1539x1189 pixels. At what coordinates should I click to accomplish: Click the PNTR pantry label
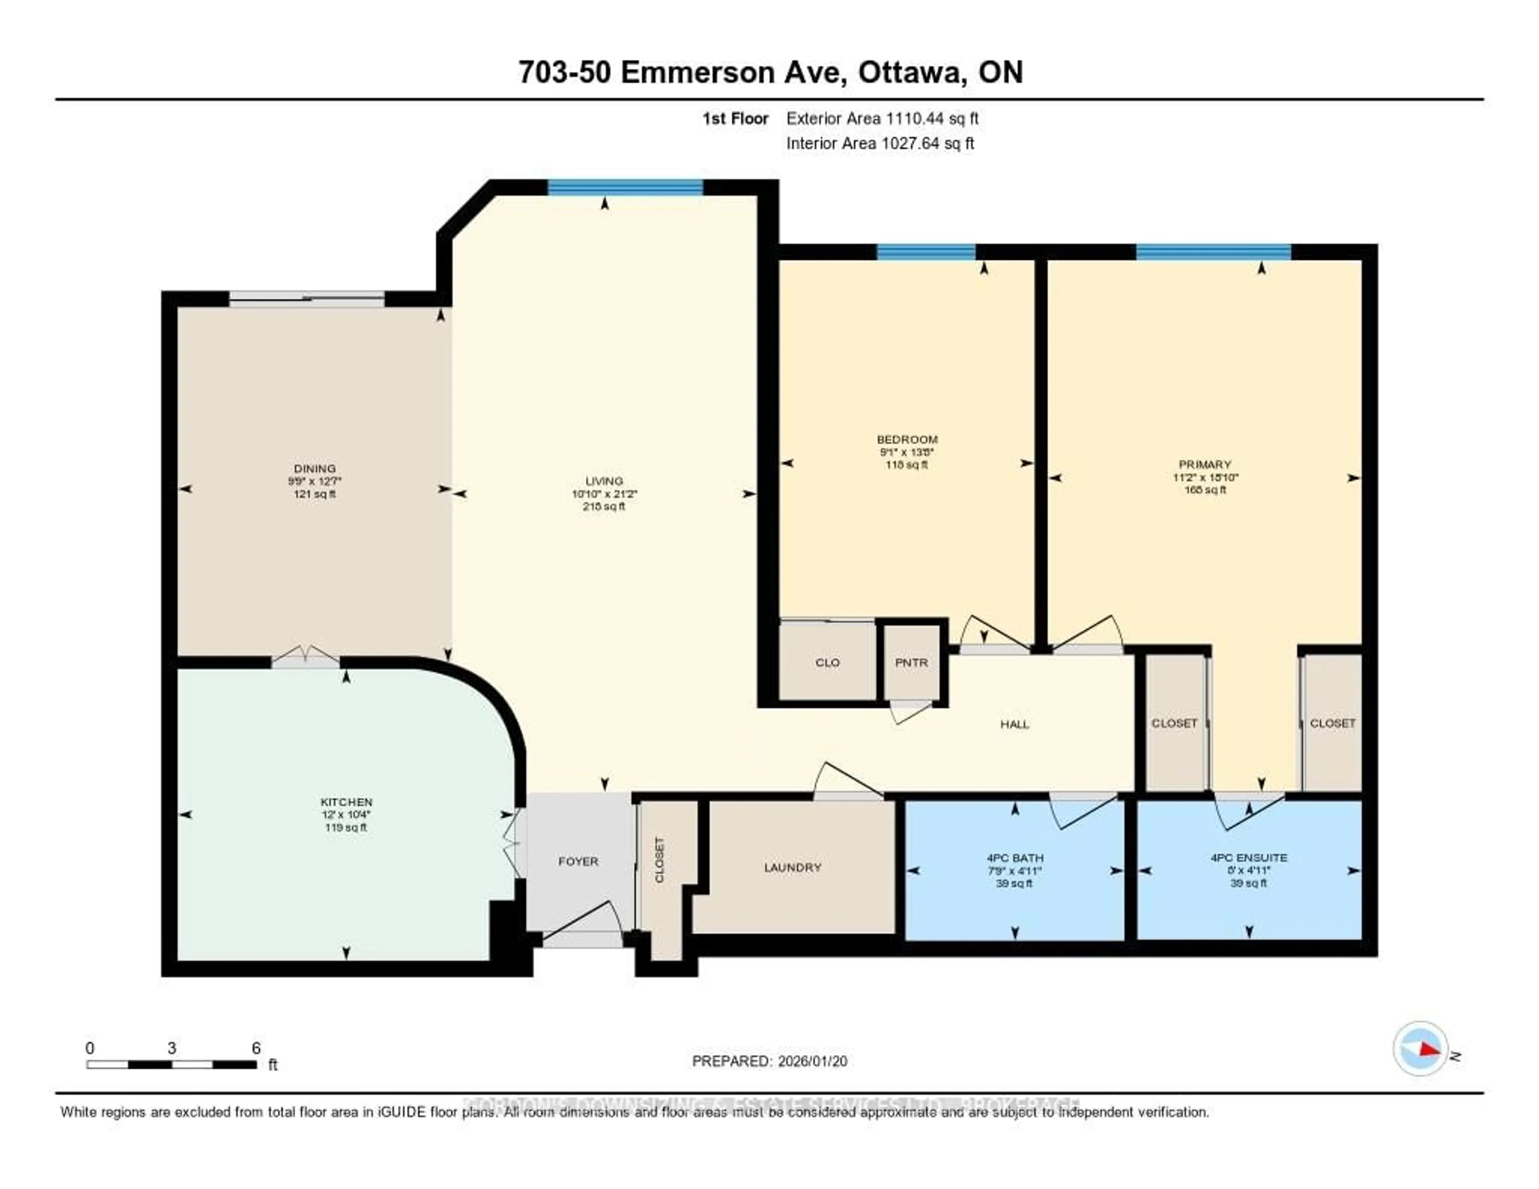coord(911,663)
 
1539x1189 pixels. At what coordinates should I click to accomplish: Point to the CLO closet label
coord(827,663)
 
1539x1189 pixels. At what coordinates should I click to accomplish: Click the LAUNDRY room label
coord(793,867)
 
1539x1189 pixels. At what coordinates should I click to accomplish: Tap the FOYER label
coord(578,861)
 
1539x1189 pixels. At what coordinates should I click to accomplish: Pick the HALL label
coord(1015,724)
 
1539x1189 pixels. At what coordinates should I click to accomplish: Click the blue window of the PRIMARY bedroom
coord(1213,252)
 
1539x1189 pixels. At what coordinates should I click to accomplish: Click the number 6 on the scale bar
coord(256,1048)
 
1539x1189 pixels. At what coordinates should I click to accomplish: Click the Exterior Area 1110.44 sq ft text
coord(882,118)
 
